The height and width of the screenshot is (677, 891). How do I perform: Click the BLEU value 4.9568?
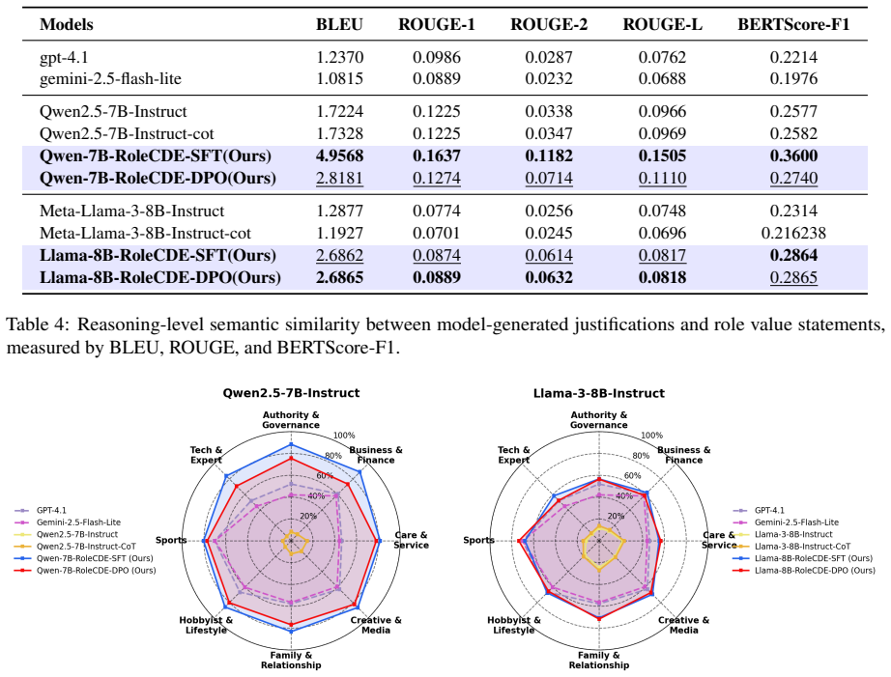click(x=339, y=155)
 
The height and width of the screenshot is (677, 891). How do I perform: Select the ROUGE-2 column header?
click(x=549, y=24)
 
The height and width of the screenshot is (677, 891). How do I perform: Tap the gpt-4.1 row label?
click(x=64, y=57)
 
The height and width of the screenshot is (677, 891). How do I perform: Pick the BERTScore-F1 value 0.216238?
click(x=793, y=233)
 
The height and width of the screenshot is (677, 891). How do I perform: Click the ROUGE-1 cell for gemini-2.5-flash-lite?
click(x=437, y=78)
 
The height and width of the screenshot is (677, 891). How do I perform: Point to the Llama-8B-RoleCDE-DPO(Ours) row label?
click(x=160, y=277)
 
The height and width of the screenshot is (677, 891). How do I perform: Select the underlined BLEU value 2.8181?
click(x=339, y=178)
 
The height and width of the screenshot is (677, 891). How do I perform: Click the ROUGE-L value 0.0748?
click(x=662, y=211)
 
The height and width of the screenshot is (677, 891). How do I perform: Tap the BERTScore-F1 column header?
click(x=793, y=24)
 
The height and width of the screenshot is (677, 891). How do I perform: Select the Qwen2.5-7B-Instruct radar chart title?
click(x=291, y=393)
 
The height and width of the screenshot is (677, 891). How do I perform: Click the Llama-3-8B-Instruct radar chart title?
click(x=599, y=393)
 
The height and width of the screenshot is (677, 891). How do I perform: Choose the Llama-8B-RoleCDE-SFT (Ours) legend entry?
click(x=803, y=558)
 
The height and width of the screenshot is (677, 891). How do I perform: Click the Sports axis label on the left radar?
click(x=171, y=540)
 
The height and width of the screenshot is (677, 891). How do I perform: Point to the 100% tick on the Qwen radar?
click(x=344, y=435)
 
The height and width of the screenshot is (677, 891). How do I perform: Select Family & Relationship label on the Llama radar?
click(x=599, y=660)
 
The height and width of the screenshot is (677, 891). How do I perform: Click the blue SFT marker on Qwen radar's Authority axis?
click(x=291, y=444)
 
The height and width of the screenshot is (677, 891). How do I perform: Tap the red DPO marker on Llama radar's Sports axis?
click(x=519, y=541)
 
